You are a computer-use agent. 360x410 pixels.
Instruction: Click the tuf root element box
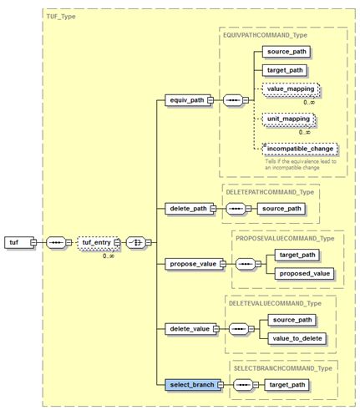click(x=15, y=242)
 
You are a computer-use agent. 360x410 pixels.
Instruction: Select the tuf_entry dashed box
click(x=94, y=242)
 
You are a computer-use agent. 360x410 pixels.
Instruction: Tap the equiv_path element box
click(x=185, y=100)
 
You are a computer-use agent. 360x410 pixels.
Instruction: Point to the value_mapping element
click(x=289, y=89)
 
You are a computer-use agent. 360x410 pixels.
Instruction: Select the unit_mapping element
click(x=286, y=119)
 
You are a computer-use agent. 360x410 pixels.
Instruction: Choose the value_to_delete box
click(x=298, y=338)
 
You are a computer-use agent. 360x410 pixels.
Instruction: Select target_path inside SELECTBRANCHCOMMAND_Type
click(x=286, y=385)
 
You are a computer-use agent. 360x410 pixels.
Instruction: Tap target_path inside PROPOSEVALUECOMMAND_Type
click(x=297, y=253)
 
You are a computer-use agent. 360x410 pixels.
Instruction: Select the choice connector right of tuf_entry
click(x=137, y=242)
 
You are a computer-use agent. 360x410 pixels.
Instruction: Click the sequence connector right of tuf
click(x=54, y=242)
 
